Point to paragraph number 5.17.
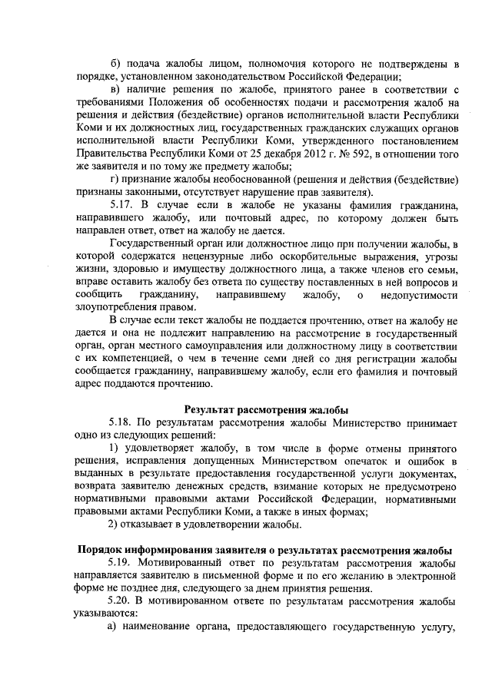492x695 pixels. click(123, 205)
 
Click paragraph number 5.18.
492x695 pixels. click(123, 422)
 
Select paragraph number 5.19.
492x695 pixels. click(123, 564)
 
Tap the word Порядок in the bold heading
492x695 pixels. click(103, 551)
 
